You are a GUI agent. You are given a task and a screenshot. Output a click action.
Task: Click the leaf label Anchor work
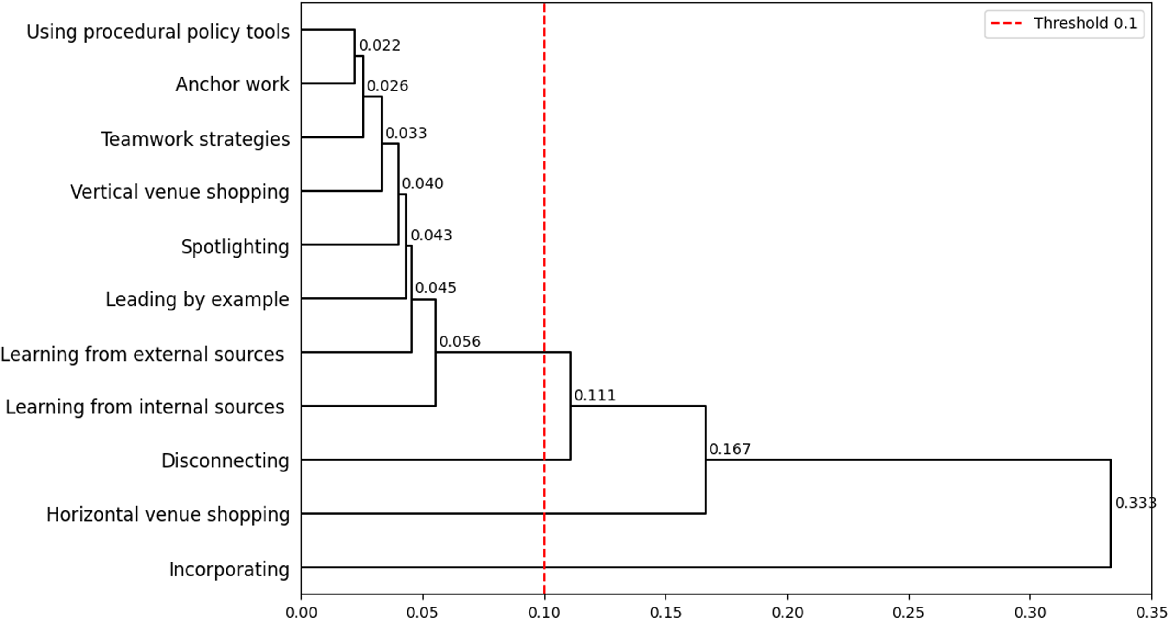pos(232,84)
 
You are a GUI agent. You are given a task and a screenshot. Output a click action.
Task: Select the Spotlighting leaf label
pos(235,246)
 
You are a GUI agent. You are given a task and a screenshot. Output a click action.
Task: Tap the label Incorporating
pos(229,569)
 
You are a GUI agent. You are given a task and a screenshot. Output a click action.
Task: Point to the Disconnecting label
pos(225,461)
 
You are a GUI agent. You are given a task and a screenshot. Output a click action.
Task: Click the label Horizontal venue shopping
pos(168,515)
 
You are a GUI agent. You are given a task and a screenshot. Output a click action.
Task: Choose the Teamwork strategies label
pos(195,139)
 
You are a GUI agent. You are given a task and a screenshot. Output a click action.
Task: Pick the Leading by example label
pos(197,300)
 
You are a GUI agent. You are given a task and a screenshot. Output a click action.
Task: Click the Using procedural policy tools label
pos(158,32)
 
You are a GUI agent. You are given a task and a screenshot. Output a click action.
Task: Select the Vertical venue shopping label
pos(180,192)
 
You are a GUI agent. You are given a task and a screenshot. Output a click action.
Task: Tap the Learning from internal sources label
pos(145,407)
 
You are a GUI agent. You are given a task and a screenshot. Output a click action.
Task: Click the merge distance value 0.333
pos(1135,503)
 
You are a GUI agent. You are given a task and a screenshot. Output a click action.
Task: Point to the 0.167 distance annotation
pos(730,449)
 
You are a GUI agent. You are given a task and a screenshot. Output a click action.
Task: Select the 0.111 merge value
pos(595,395)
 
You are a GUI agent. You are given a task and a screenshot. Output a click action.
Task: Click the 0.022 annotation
pos(380,45)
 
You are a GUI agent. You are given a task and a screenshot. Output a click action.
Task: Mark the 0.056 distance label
pos(459,342)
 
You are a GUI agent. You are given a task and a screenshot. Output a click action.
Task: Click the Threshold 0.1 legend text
pos(1085,23)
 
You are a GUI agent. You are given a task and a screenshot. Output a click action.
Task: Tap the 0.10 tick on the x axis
pos(544,613)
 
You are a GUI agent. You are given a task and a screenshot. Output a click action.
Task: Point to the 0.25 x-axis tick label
pos(908,613)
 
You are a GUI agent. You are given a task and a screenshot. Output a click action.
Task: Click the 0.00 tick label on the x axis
pos(301,613)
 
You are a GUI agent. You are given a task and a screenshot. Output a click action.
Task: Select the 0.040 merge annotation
pos(422,184)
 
